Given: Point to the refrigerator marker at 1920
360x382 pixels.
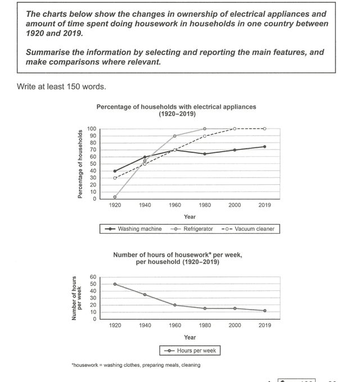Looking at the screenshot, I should coord(115,197).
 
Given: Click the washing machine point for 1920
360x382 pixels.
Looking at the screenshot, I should coord(115,171).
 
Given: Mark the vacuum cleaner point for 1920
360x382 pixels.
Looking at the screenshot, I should coord(115,178).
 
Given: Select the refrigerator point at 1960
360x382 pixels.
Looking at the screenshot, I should coord(174,136).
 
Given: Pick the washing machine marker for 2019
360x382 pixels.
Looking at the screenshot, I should coord(264,147).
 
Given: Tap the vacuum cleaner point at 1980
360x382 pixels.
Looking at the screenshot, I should coord(205,136).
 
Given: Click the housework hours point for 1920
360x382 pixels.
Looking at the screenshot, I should coord(115,284).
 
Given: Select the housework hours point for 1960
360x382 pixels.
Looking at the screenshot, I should coord(174,305).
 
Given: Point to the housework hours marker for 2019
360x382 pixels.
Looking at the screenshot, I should coord(264,311).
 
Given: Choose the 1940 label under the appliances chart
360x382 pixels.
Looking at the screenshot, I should coord(145,205).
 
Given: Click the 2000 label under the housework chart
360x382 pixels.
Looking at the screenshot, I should coord(235,325).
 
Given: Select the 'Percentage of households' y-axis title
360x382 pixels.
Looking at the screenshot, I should coord(80,163).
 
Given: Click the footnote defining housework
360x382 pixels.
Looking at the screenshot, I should coord(136,365).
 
